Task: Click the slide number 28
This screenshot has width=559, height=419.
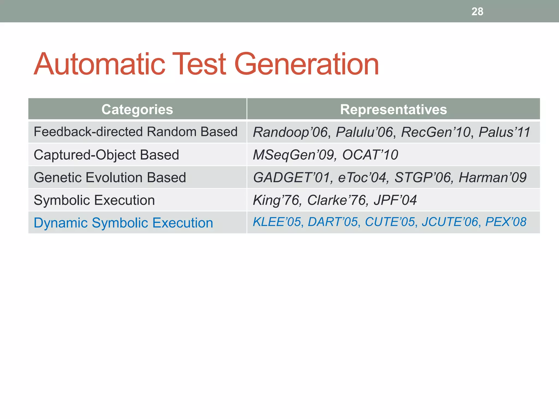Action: point(477,12)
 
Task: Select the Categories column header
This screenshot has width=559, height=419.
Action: point(137,110)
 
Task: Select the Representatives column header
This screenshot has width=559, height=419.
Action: point(393,110)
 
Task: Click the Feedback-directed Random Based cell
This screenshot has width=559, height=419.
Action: point(135,132)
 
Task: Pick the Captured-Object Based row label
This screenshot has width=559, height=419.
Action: point(106,155)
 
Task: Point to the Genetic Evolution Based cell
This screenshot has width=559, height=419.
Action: point(110,178)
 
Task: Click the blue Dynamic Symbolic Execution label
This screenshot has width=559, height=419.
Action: point(123,223)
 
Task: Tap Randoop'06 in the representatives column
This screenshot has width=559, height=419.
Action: point(290,133)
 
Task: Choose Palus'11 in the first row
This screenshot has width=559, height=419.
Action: point(504,133)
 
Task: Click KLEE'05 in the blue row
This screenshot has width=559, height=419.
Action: point(277,222)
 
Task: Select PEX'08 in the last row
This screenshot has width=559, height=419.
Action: point(506,222)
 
